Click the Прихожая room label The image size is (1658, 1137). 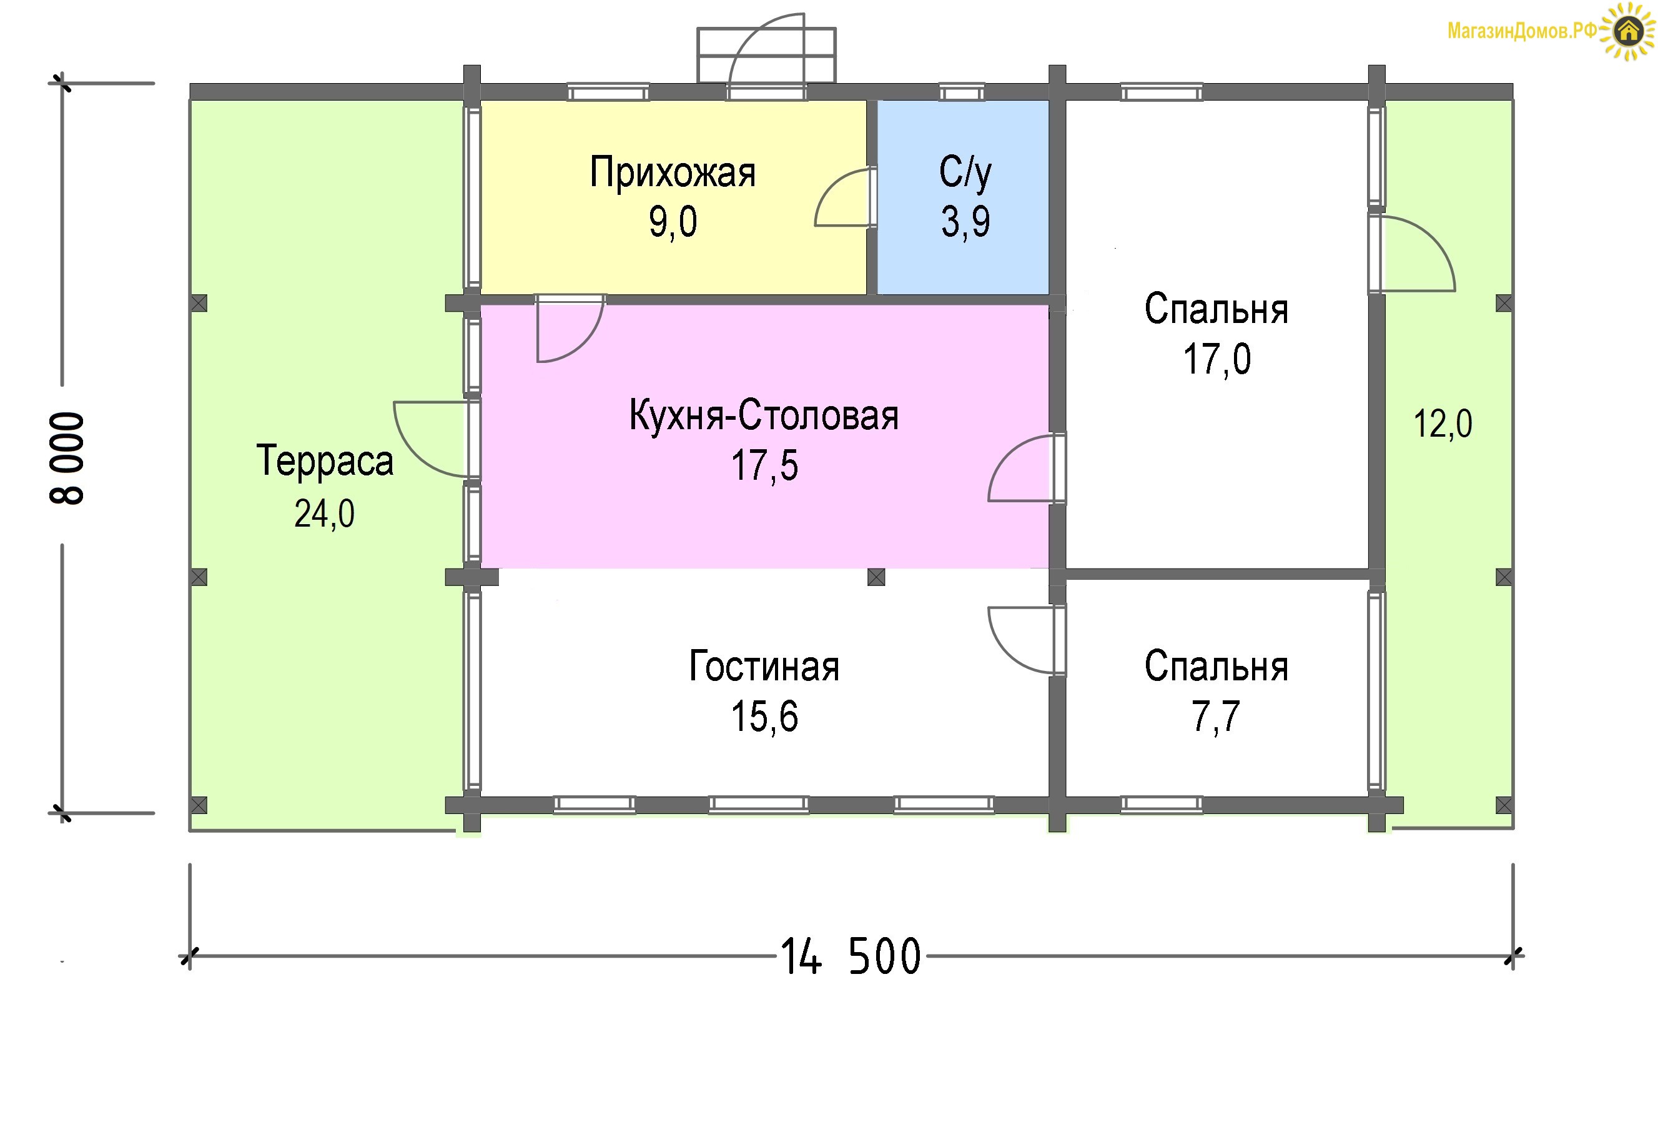point(672,172)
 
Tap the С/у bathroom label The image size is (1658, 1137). point(965,172)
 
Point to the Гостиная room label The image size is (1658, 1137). point(764,666)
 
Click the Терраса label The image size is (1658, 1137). point(325,460)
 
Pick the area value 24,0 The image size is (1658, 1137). point(325,513)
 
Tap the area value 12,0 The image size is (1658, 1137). point(1443,424)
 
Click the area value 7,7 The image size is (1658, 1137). point(1216,717)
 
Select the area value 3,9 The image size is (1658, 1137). point(965,221)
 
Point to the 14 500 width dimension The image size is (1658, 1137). point(851,956)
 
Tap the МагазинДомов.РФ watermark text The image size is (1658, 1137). point(1522,31)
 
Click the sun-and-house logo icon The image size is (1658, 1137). point(1627,31)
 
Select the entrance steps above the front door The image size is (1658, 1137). point(766,55)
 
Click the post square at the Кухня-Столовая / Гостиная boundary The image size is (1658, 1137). point(876,577)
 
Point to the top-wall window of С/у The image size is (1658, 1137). point(961,92)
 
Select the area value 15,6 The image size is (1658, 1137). point(764,717)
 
